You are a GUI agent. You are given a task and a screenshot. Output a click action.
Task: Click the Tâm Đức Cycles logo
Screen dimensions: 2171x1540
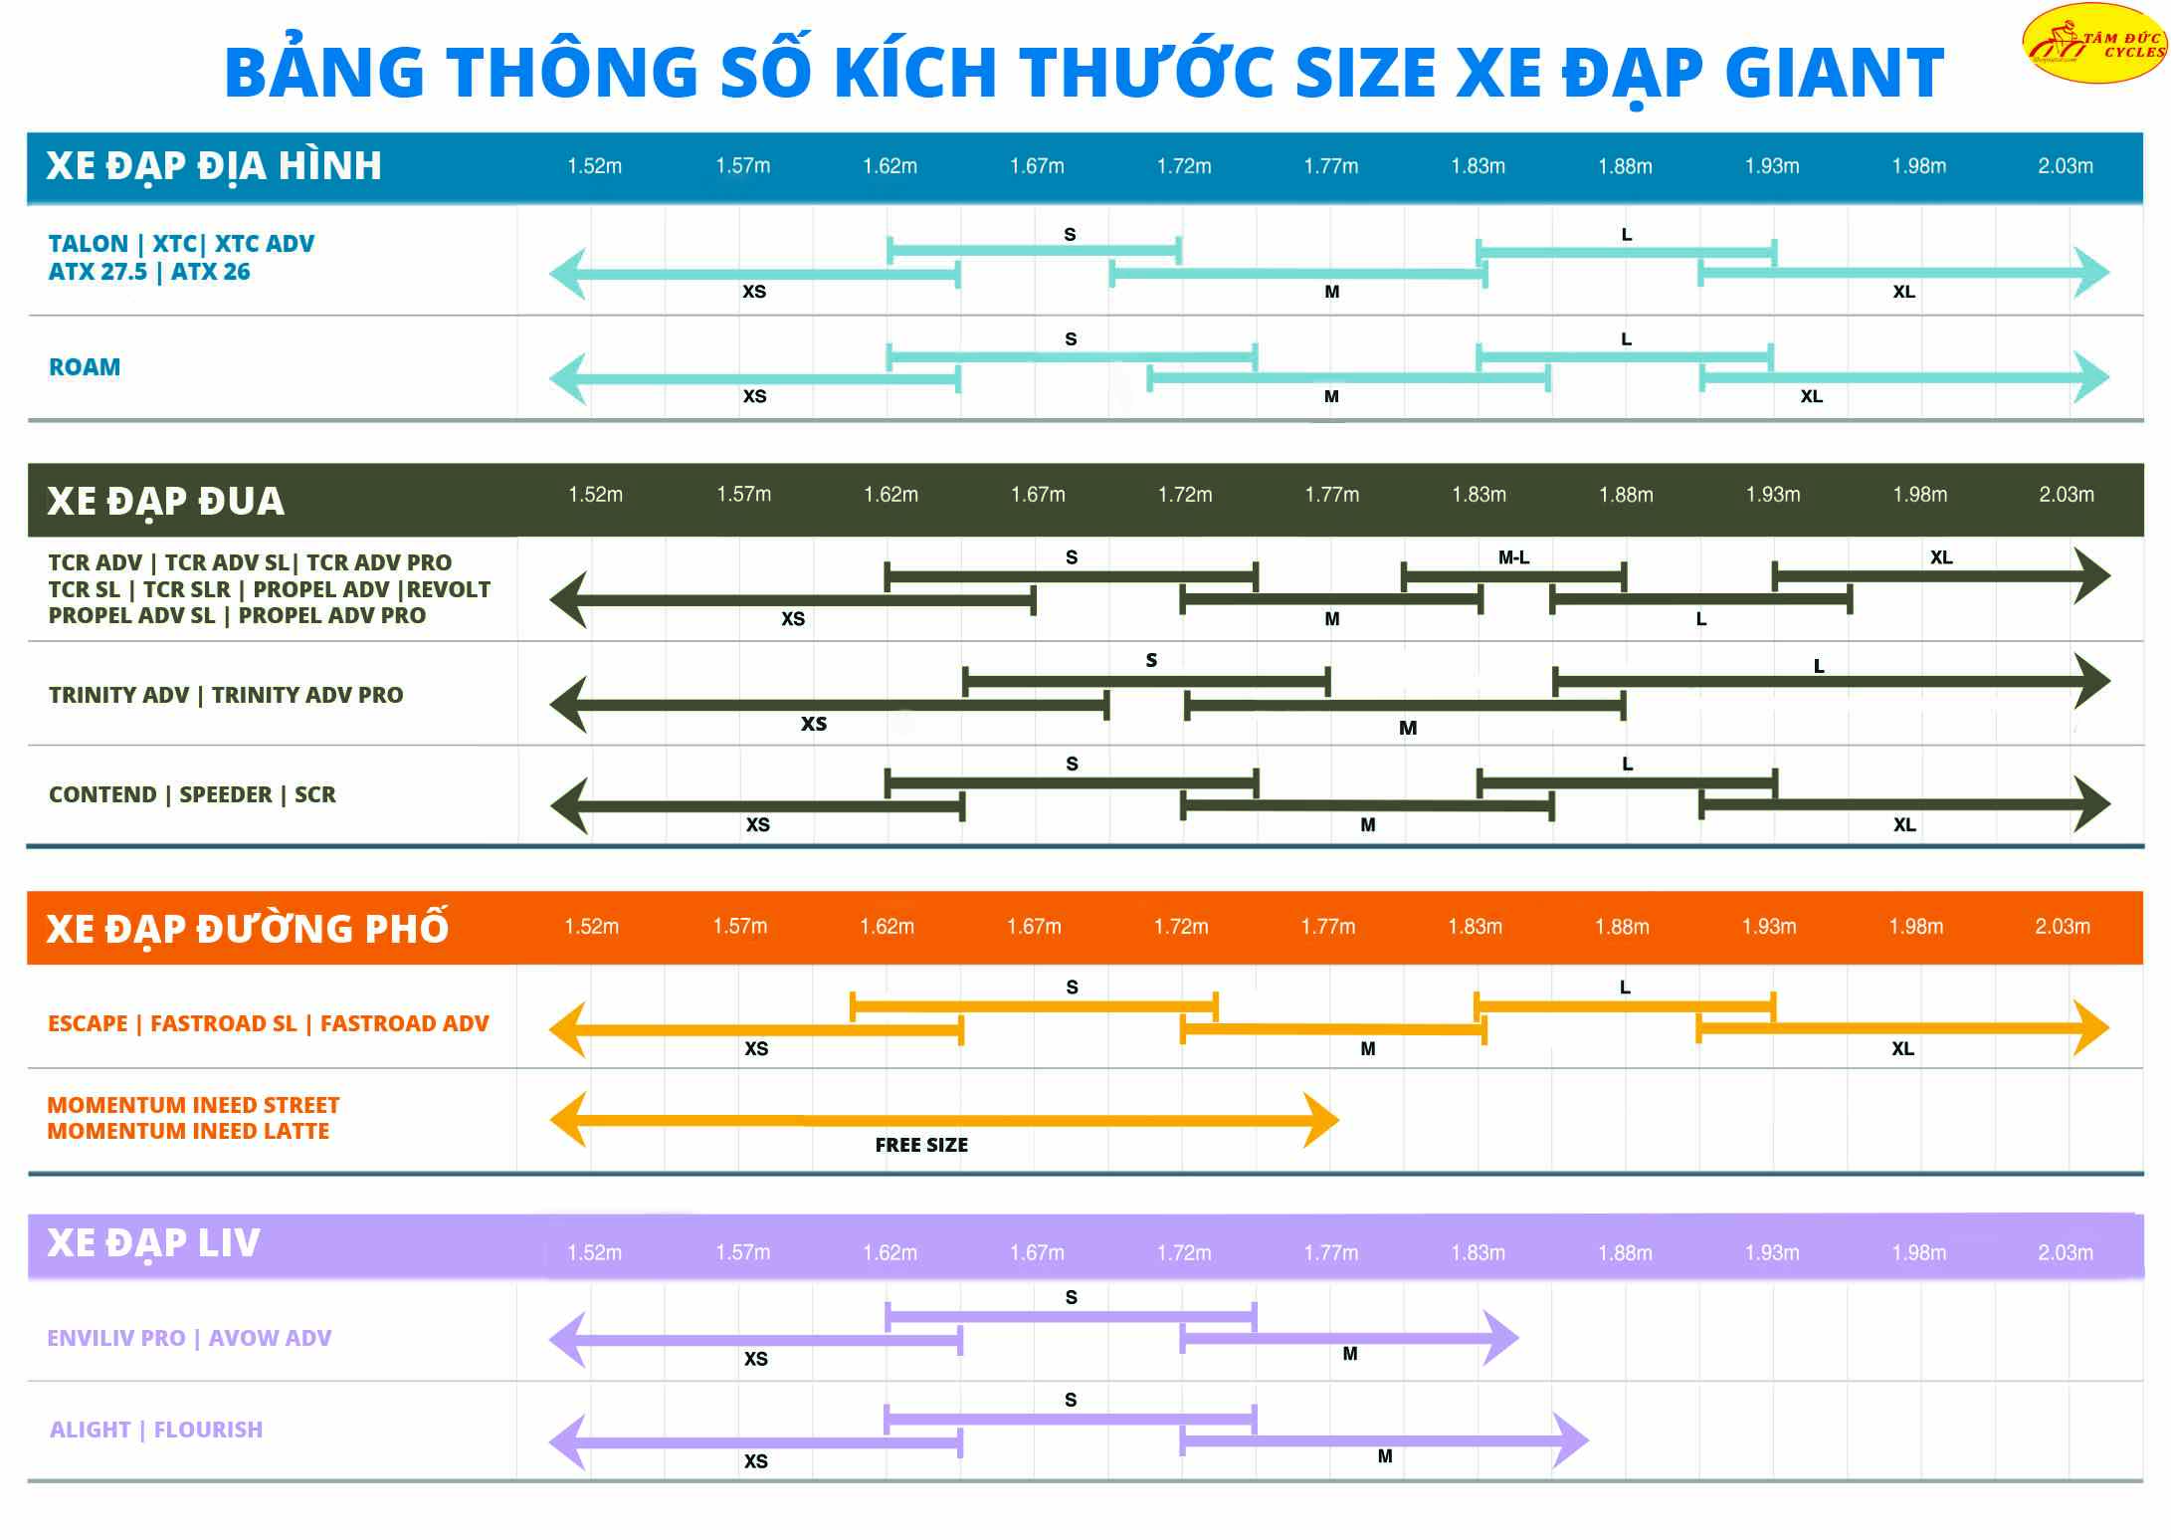(x=2095, y=43)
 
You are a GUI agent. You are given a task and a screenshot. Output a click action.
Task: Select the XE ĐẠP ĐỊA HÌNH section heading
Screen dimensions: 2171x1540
(x=214, y=166)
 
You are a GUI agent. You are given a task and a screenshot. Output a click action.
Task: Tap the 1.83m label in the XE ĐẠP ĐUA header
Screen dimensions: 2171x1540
(x=1479, y=495)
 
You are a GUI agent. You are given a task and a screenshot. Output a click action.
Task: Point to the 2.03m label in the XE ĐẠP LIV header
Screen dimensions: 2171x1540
(x=2065, y=1253)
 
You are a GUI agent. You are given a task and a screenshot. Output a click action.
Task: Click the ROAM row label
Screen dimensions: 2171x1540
(x=85, y=367)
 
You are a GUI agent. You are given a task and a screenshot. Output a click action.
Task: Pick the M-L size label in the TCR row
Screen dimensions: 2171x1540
(x=1513, y=558)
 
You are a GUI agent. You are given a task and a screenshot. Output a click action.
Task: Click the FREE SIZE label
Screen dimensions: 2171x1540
(x=921, y=1146)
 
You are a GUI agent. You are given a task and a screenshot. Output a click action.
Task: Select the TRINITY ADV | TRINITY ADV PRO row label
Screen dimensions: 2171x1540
(x=226, y=695)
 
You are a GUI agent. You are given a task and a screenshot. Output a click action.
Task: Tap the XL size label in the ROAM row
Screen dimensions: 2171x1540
(x=1811, y=396)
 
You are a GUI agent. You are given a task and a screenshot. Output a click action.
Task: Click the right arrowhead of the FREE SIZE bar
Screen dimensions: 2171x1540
(x=1322, y=1120)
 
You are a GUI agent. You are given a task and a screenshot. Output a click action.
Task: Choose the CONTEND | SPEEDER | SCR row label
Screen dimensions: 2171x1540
(x=192, y=794)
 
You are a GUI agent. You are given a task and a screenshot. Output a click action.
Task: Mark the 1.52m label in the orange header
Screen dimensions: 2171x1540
(x=591, y=927)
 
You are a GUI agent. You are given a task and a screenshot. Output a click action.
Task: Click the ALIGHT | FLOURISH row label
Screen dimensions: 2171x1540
(x=156, y=1430)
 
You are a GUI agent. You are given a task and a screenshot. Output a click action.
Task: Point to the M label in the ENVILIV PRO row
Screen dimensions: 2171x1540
(x=1350, y=1354)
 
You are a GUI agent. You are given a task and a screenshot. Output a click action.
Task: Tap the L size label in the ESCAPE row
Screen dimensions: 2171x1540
(x=1625, y=988)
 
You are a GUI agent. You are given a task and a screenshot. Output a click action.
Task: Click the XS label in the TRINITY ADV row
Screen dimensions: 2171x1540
(x=814, y=724)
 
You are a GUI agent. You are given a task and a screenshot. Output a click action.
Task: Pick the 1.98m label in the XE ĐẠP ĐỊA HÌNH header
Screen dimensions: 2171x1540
(x=1918, y=166)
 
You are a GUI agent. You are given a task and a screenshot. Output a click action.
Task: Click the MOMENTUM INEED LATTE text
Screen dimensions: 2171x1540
(x=188, y=1132)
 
